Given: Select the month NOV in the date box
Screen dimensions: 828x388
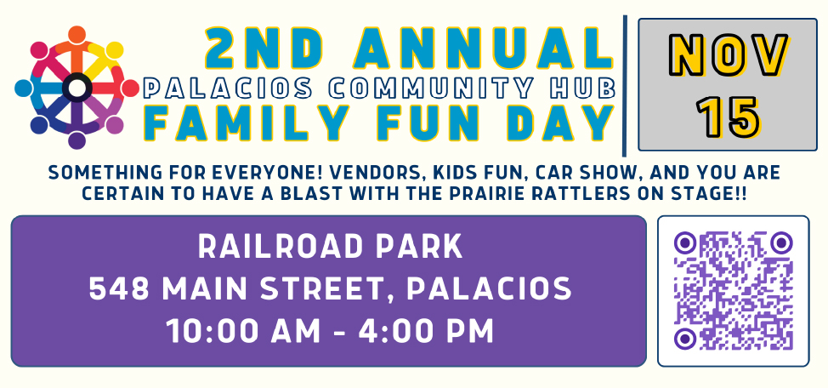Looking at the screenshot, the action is (x=729, y=55).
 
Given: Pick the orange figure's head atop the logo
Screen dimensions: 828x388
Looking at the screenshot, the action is (x=77, y=34).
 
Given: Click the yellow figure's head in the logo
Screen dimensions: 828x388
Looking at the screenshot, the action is (x=115, y=50).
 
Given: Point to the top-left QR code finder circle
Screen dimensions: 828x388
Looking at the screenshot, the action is (x=685, y=242).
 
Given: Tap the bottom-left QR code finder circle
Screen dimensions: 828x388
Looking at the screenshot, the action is (x=685, y=339).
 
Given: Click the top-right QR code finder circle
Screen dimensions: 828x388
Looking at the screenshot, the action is (x=781, y=242).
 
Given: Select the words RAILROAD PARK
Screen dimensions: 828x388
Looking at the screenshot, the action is (x=330, y=247).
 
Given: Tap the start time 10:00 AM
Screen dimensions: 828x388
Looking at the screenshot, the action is (x=243, y=332).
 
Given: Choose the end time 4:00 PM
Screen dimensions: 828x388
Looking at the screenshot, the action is (x=427, y=332).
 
